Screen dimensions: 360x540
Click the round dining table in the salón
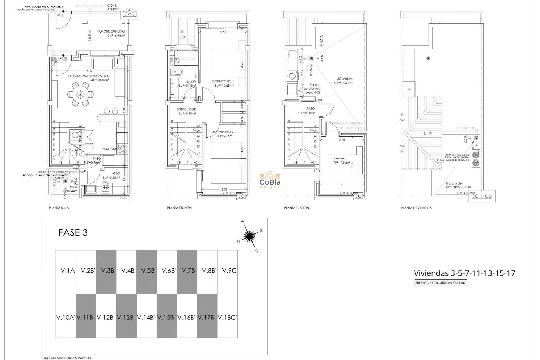pyautogui.click(x=80, y=94)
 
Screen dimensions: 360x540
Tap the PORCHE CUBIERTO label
pyautogui.click(x=111, y=31)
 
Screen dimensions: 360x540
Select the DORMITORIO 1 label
pyautogui.click(x=223, y=81)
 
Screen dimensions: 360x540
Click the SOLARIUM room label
pyautogui.click(x=345, y=79)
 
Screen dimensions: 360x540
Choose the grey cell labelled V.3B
pyautogui.click(x=107, y=271)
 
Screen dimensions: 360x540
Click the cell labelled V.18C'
pyautogui.click(x=228, y=318)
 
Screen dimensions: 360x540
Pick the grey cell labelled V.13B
pyautogui.click(x=125, y=318)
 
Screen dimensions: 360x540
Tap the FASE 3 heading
pyautogui.click(x=73, y=233)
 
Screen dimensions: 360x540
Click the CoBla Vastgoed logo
pyautogui.click(x=270, y=181)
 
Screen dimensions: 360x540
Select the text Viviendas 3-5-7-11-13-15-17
pyautogui.click(x=464, y=273)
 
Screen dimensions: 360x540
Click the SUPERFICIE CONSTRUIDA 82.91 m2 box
pyautogui.click(x=440, y=283)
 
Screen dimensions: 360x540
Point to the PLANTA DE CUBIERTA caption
pyautogui.click(x=416, y=208)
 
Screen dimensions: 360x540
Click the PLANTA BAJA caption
pyautogui.click(x=59, y=208)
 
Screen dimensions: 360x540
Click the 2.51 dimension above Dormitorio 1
pyautogui.click(x=223, y=32)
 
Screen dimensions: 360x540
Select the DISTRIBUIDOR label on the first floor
pyautogui.click(x=186, y=109)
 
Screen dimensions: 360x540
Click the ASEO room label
pyautogui.click(x=116, y=174)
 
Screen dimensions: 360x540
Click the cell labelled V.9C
pyautogui.click(x=229, y=271)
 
